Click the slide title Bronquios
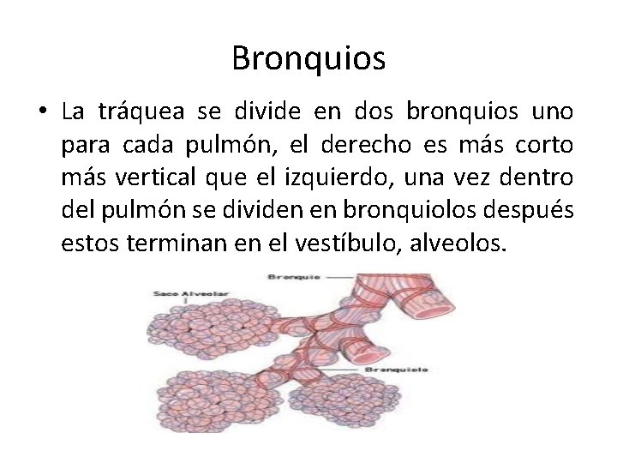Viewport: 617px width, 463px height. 308,59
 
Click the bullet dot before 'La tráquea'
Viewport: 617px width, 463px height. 40,112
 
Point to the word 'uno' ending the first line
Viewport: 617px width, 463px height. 553,112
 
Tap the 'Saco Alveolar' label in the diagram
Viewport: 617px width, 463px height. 181,294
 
